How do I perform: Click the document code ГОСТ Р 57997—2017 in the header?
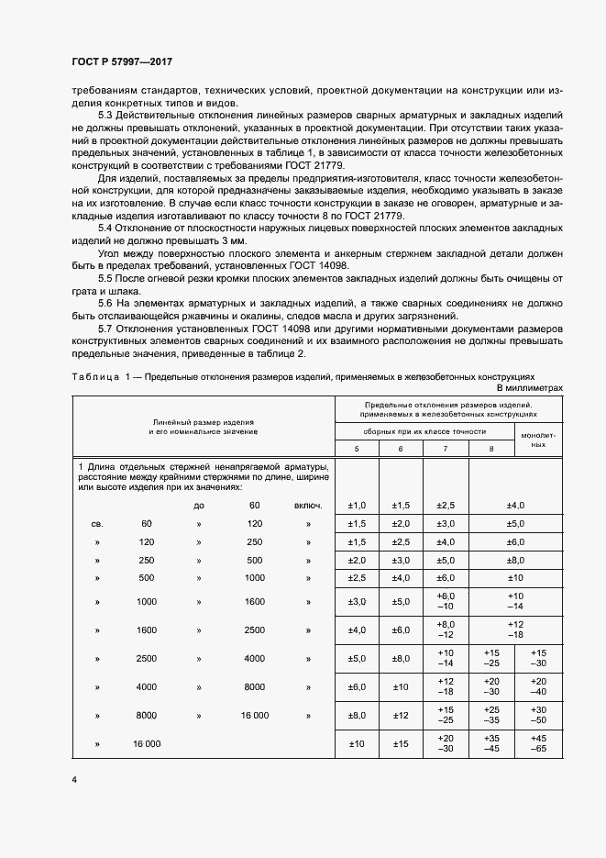121,61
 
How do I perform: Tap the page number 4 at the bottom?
73,779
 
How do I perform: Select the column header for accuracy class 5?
358,448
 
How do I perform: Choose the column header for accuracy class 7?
446,448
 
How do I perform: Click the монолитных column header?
539,439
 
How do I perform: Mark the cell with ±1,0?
358,506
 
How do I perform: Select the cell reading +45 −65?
538,744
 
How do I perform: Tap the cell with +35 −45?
491,744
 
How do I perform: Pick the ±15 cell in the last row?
402,744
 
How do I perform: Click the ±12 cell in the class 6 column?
402,716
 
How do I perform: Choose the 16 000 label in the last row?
146,744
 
